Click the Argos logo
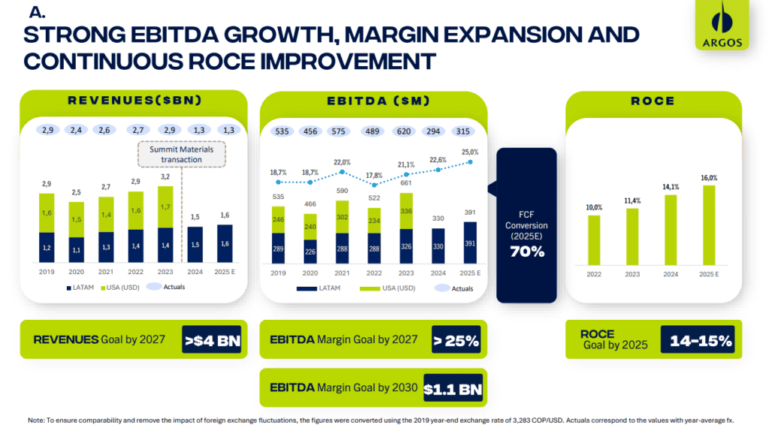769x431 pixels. coord(722,25)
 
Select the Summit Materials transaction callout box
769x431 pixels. coord(182,155)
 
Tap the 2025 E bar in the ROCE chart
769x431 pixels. coord(709,225)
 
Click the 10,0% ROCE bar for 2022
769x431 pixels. coord(594,240)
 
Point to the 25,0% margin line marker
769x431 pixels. coord(470,161)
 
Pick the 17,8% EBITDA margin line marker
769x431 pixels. coord(374,185)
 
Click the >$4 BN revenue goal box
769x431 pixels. coord(212,340)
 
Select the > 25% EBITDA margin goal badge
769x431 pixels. coord(456,340)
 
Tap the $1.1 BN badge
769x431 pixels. coord(453,388)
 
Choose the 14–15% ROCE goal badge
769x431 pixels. coord(698,340)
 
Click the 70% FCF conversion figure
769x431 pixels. coord(526,252)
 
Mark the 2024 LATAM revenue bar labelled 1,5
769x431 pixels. coord(195,245)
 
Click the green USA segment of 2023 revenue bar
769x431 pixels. coord(165,207)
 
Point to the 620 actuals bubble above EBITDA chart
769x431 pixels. coord(404,131)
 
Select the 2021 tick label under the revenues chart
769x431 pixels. coord(106,272)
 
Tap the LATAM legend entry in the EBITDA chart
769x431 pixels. coord(318,288)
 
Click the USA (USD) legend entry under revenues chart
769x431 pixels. coord(120,288)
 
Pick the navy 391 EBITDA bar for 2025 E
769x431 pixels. coord(470,243)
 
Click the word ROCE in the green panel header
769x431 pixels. coord(653,101)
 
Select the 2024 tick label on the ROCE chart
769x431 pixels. coord(671,274)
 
